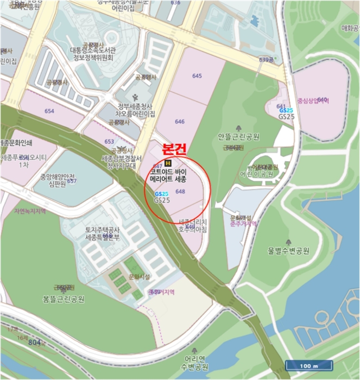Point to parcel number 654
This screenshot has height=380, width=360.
pyautogui.click(x=49, y=111)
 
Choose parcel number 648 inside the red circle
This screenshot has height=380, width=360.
pyautogui.click(x=181, y=192)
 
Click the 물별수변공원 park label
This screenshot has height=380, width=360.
pyautogui.click(x=288, y=251)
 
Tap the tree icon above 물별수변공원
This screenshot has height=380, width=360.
pyautogui.click(x=288, y=240)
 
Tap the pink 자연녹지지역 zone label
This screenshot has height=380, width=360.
pyautogui.click(x=30, y=211)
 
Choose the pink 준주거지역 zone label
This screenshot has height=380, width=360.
pyautogui.click(x=242, y=223)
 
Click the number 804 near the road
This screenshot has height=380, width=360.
pyautogui.click(x=35, y=343)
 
